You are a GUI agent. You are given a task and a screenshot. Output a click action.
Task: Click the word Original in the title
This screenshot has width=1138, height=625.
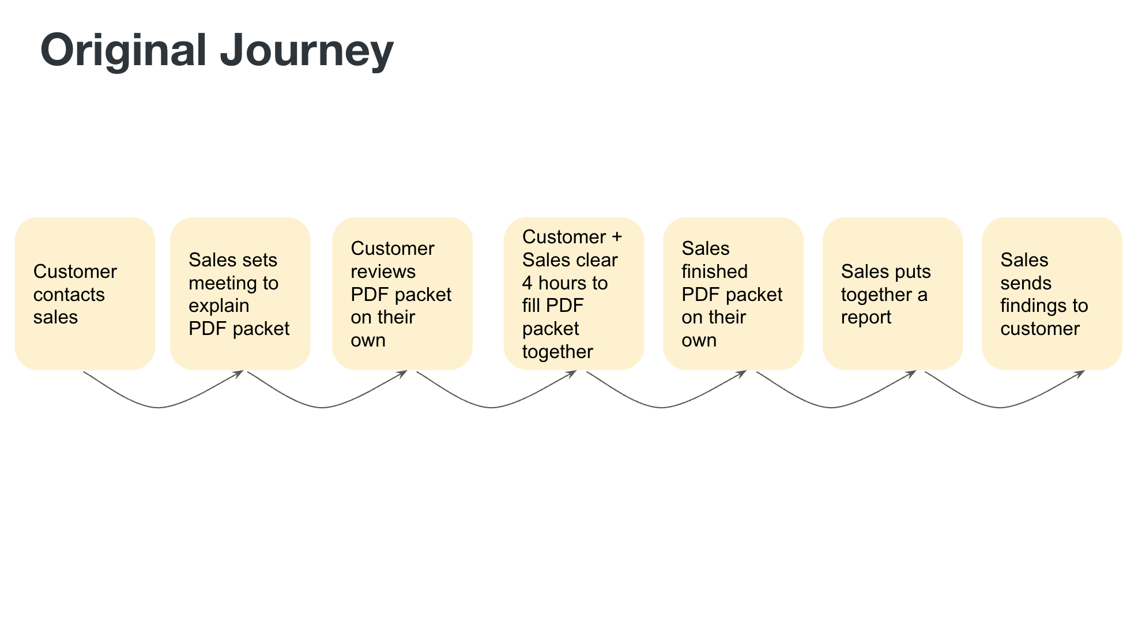click(x=123, y=51)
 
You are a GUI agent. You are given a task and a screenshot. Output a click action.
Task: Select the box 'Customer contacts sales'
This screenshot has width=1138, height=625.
click(x=85, y=293)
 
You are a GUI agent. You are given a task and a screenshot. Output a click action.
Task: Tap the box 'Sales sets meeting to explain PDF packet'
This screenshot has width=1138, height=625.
click(x=240, y=293)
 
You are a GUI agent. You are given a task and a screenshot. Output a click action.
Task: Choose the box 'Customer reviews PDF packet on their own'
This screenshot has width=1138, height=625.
click(x=402, y=293)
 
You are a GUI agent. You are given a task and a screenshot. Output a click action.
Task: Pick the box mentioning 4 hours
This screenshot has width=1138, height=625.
click(x=574, y=293)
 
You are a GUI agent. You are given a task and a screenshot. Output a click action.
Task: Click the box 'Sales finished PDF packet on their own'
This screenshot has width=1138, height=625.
click(x=733, y=293)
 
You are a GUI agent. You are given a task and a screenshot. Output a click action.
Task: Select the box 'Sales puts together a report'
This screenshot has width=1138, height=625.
click(x=892, y=293)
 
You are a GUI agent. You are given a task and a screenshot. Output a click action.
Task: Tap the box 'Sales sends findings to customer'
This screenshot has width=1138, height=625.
click(x=1052, y=293)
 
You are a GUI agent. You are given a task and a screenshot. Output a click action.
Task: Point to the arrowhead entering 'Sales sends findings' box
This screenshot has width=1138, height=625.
click(x=1080, y=374)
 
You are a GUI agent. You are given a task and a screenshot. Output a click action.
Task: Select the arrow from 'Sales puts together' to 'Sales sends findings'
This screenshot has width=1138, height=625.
click(x=1001, y=408)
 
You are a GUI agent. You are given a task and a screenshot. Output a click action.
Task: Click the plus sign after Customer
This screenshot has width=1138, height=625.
click(x=617, y=237)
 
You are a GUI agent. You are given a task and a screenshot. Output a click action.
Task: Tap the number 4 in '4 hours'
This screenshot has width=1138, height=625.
click(x=527, y=283)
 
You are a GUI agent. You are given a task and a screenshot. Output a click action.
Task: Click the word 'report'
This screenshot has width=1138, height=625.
click(x=866, y=318)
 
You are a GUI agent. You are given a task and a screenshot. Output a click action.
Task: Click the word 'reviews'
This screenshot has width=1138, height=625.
click(x=383, y=272)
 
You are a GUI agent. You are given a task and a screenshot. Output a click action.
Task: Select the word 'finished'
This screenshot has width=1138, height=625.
click(x=714, y=271)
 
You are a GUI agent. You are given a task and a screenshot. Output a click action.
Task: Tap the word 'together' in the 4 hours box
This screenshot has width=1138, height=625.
click(x=557, y=352)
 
